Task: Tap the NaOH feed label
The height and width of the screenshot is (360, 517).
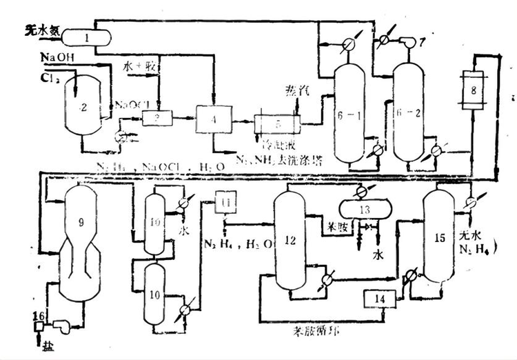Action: pyautogui.click(x=57, y=56)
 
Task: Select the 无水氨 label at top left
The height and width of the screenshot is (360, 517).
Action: pyautogui.click(x=43, y=30)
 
